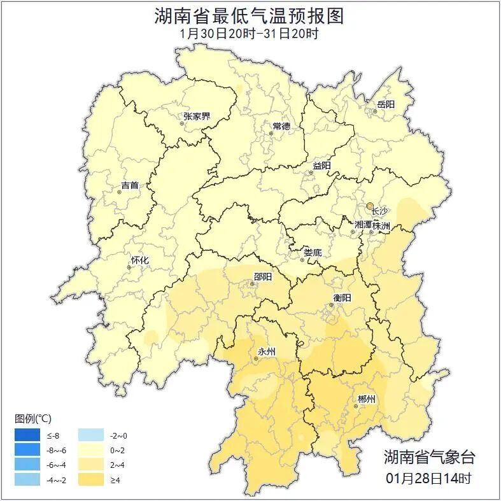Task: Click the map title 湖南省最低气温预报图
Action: tap(249, 16)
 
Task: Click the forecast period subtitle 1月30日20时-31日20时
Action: tap(249, 34)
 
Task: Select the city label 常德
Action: tap(281, 126)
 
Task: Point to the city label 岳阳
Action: tap(386, 104)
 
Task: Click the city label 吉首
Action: tap(129, 186)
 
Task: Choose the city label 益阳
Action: tap(321, 166)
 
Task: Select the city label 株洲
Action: tap(381, 225)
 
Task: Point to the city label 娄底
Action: tap(313, 252)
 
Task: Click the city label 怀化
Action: tap(139, 260)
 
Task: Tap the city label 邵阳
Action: tap(262, 277)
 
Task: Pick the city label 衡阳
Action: tap(342, 297)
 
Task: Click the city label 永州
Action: tap(266, 352)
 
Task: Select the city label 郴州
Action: tap(367, 399)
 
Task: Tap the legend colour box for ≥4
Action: tap(91, 479)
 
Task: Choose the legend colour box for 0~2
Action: tap(91, 450)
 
